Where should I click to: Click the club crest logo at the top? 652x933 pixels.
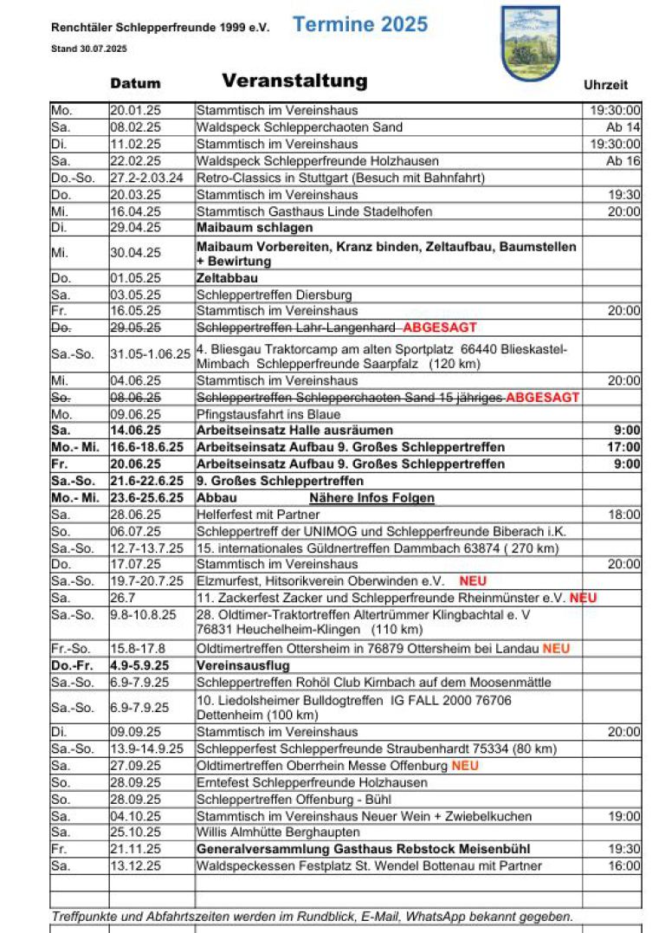point(530,43)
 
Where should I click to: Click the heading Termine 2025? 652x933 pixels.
point(360,25)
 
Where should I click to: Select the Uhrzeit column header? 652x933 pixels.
point(605,85)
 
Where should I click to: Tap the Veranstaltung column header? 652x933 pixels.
point(294,81)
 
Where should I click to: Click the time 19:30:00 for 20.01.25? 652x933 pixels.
point(615,111)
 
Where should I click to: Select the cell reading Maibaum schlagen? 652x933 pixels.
point(255,228)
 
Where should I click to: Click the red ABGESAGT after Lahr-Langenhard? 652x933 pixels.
point(440,327)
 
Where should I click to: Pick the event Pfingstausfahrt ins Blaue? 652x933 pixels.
point(268,414)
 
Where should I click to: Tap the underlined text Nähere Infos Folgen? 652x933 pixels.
point(371,498)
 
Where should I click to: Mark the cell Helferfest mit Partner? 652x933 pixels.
point(258,515)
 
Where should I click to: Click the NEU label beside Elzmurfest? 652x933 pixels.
point(473,581)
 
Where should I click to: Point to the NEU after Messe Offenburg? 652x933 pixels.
point(465,766)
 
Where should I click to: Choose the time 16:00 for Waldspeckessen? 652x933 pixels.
point(623,866)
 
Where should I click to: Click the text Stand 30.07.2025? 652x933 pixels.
point(89,49)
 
